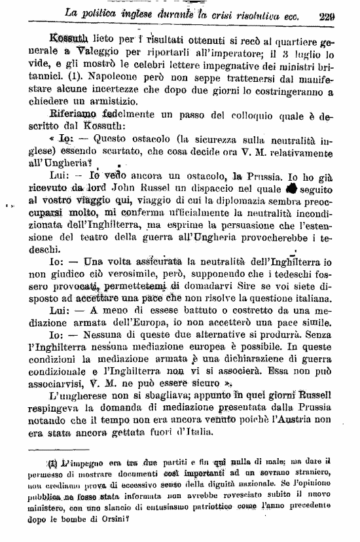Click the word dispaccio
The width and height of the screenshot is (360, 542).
230,189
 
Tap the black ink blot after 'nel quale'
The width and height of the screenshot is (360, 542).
292,189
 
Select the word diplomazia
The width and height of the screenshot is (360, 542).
246,201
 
